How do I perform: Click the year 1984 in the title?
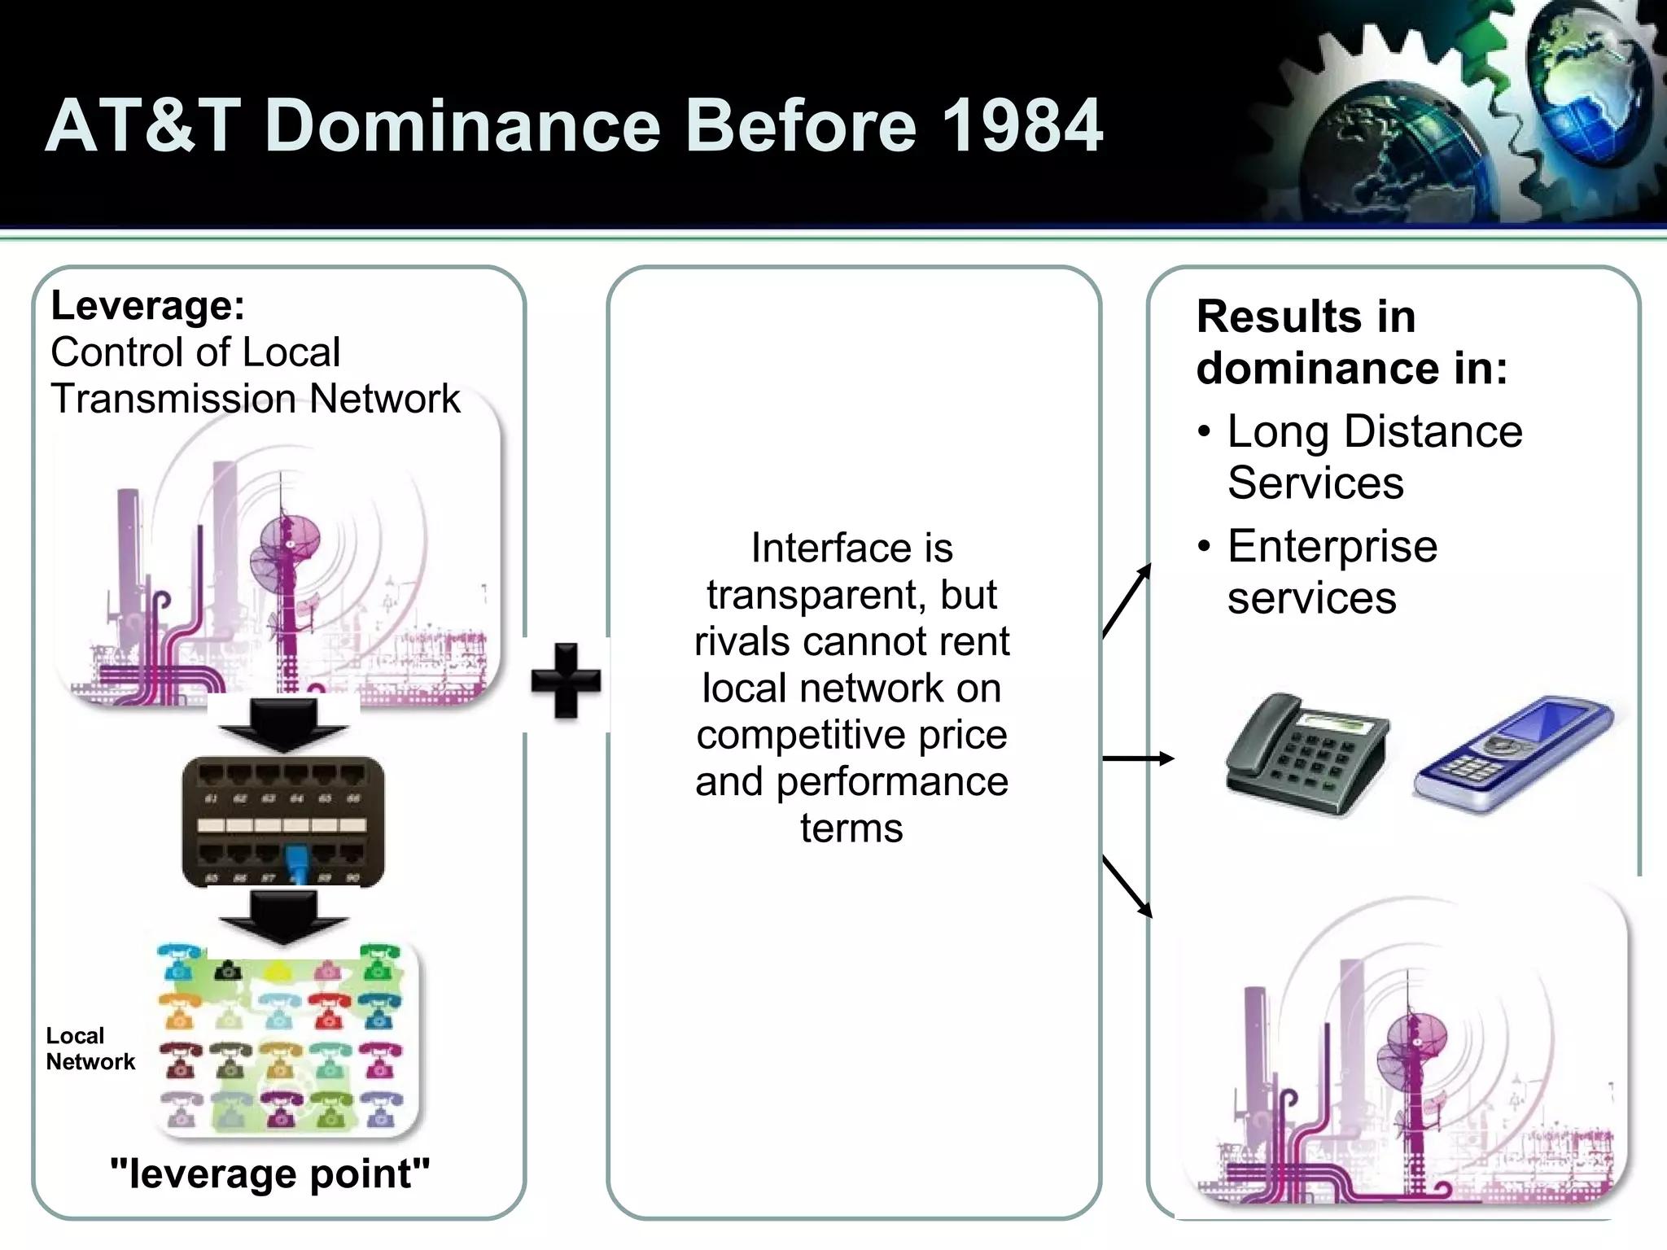click(1022, 125)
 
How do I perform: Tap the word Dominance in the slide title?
click(462, 125)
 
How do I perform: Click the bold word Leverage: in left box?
click(147, 306)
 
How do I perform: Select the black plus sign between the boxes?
click(566, 681)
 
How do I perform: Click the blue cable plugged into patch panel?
click(295, 863)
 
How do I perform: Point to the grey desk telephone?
click(1307, 753)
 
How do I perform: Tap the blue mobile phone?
click(1514, 753)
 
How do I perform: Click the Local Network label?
click(90, 1048)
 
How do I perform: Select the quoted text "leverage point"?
click(269, 1174)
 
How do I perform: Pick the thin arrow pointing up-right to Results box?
click(1127, 601)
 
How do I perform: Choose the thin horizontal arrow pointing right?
click(1137, 758)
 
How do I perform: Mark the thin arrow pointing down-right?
click(1127, 886)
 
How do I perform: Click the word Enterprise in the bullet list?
click(1332, 546)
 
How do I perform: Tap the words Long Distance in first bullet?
click(1374, 431)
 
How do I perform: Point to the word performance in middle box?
click(892, 782)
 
